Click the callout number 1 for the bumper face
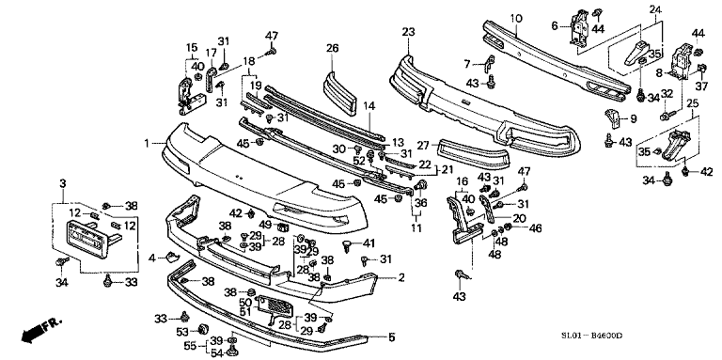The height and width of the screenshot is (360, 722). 148,143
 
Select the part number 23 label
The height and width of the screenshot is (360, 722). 408,33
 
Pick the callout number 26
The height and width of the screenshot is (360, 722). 332,48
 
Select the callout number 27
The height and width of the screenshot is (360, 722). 423,146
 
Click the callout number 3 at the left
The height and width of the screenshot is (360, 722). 62,182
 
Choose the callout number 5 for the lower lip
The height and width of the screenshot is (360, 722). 392,337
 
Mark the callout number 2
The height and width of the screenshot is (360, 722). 400,277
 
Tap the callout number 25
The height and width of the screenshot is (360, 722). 692,102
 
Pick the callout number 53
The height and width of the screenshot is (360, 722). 180,331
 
